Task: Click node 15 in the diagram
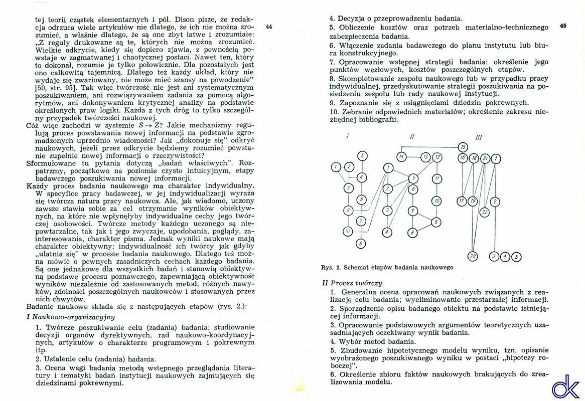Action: click(463, 147)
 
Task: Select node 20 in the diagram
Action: click(472, 257)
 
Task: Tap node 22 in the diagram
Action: click(485, 212)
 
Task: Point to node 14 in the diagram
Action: click(402, 157)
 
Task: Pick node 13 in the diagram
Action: click(425, 157)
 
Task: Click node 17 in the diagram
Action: click(462, 202)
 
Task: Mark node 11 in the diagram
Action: click(437, 178)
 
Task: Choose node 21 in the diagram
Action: click(485, 158)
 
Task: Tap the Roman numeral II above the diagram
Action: click(412, 136)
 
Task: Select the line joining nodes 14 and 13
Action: click(413, 157)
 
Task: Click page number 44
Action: click(268, 27)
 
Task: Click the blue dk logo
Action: click(565, 386)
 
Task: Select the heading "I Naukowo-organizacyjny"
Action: click(70, 317)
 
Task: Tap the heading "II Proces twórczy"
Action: click(352, 283)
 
